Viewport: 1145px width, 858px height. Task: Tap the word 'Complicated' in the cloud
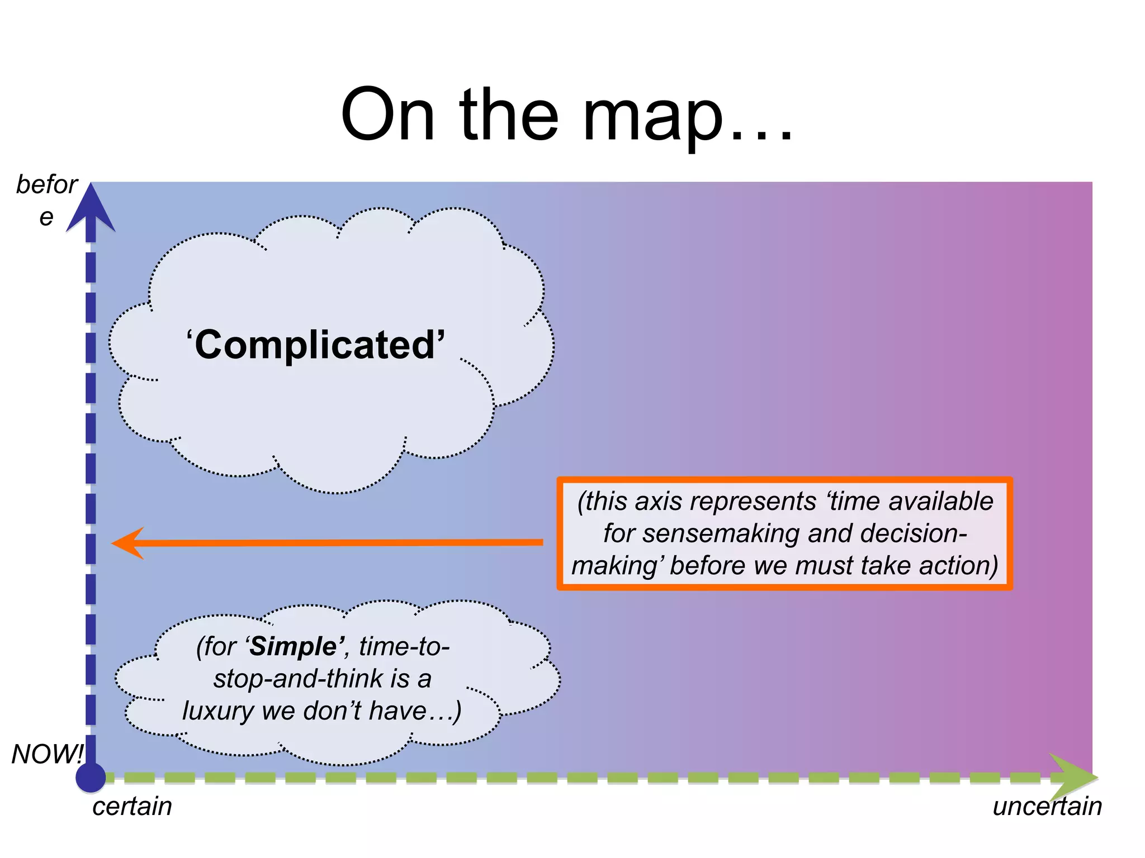[x=315, y=345]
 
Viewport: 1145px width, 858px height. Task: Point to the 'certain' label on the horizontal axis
[x=132, y=807]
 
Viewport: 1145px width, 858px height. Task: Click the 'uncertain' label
[x=1047, y=807]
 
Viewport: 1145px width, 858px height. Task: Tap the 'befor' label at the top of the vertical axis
[x=47, y=184]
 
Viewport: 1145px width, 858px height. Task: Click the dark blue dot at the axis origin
[x=91, y=777]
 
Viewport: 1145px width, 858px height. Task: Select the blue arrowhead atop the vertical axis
[x=91, y=209]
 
